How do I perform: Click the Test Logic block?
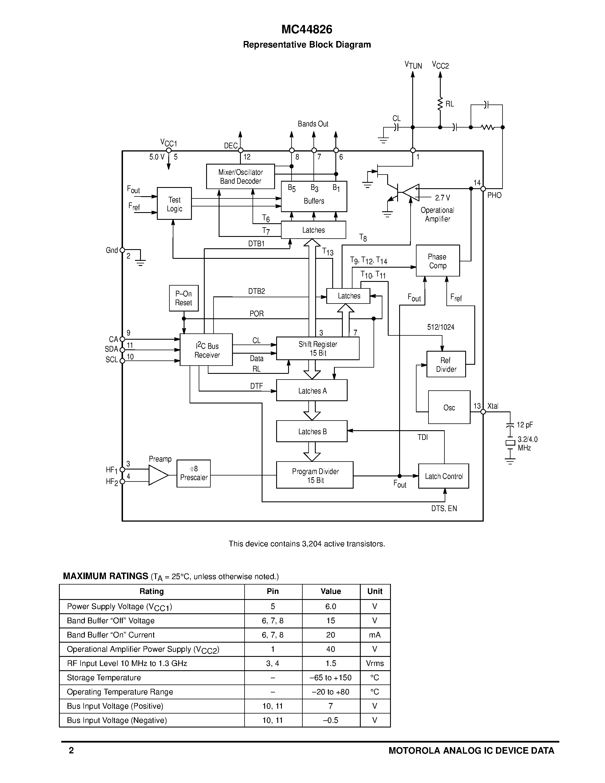tap(174, 204)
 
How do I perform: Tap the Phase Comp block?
tap(438, 261)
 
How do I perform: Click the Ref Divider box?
tap(446, 364)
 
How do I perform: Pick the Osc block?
tap(449, 407)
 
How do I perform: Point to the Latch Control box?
tap(443, 476)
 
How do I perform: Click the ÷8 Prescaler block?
tap(194, 474)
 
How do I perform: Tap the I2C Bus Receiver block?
tap(206, 350)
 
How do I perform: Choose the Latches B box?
tap(311, 431)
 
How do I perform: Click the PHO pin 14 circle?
tap(483, 188)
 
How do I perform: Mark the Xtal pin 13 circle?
tap(483, 412)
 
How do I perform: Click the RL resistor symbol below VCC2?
tap(440, 104)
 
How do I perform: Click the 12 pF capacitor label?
tap(525, 425)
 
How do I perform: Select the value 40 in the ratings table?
tap(331, 649)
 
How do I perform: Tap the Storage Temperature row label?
tap(104, 678)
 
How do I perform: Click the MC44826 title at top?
tap(307, 29)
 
